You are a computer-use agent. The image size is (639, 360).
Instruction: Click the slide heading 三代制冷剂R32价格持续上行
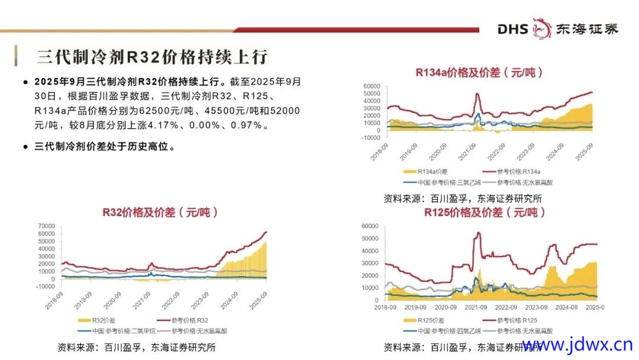pos(153,56)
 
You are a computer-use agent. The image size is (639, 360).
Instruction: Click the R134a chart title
pos(479,73)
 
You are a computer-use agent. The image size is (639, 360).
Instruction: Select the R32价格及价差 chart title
pos(160,212)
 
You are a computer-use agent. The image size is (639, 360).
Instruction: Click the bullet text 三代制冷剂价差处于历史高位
pos(105,147)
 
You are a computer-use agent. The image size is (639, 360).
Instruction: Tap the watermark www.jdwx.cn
pos(577,345)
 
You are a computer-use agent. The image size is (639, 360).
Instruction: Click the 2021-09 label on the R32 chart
pos(141,302)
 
